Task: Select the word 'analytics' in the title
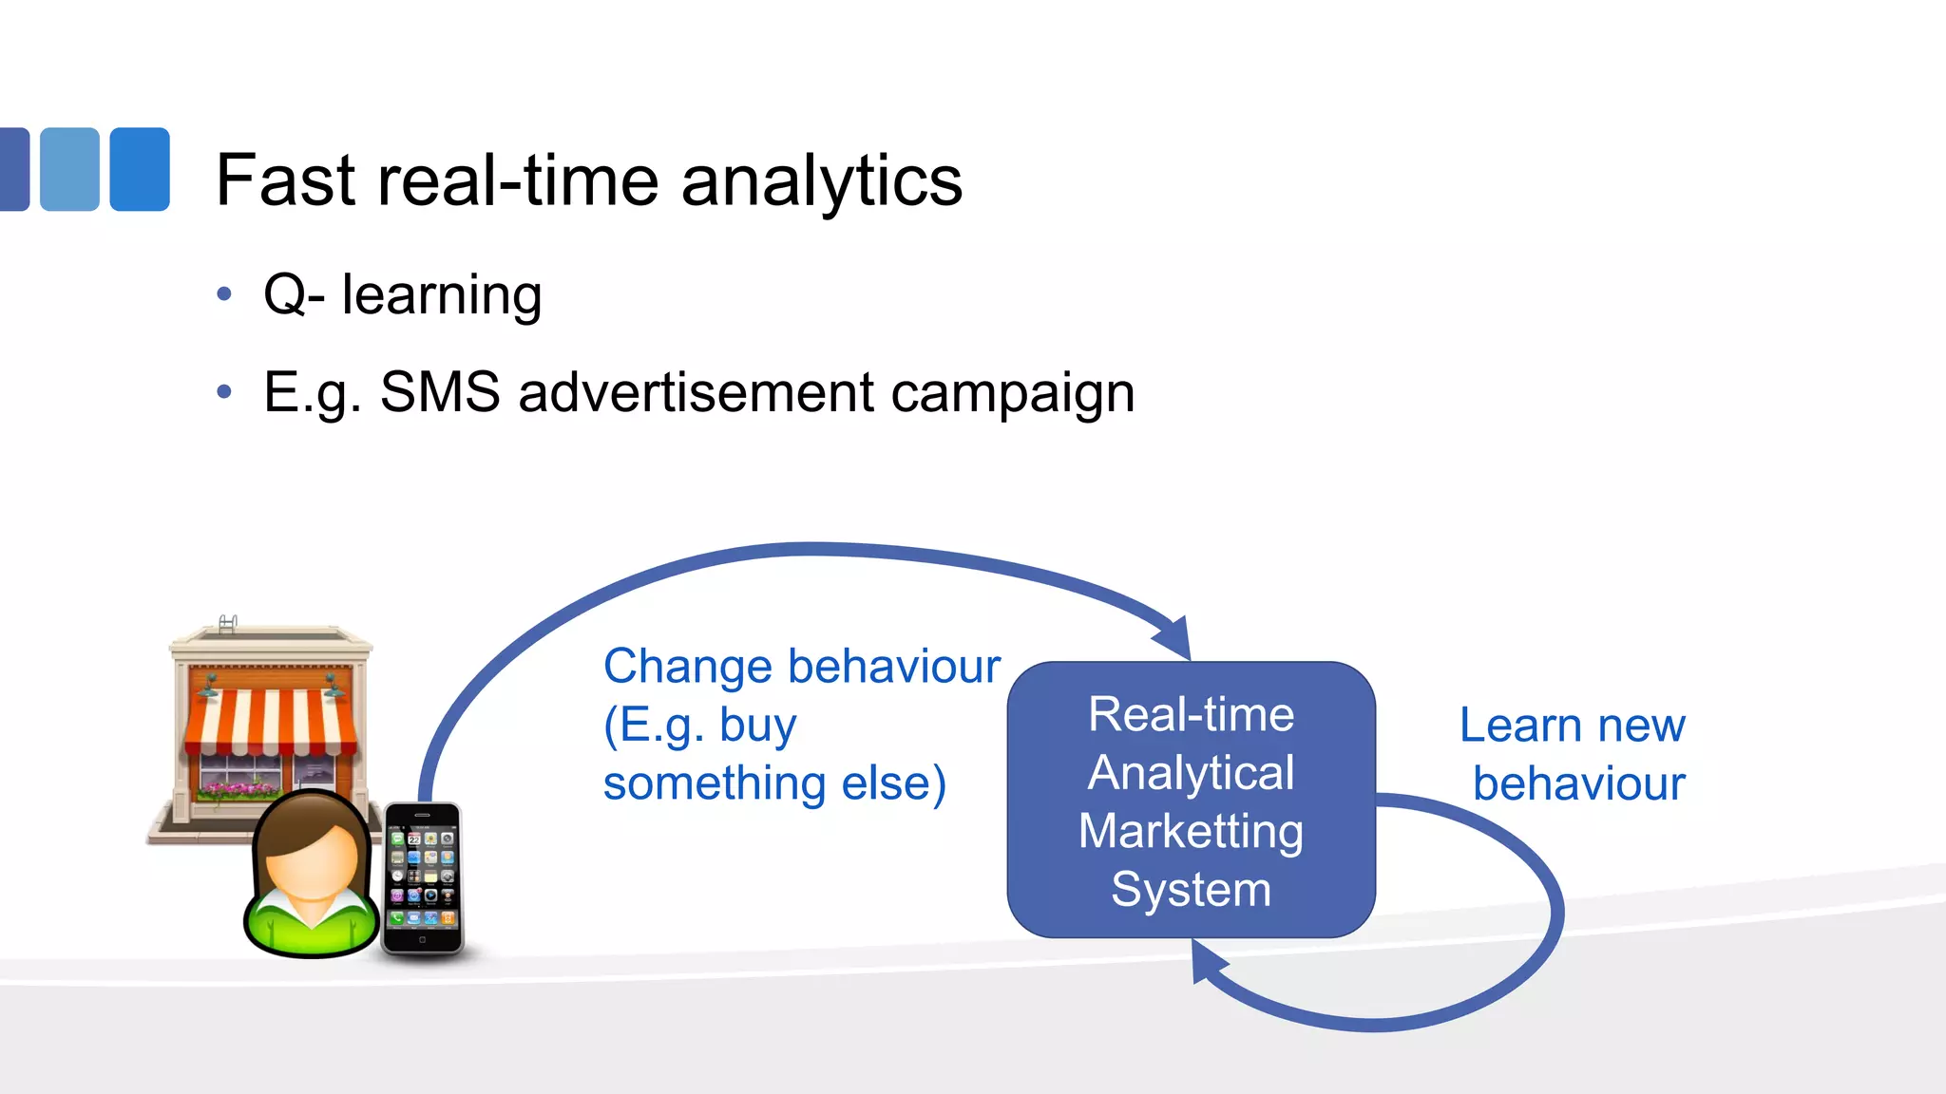tap(821, 182)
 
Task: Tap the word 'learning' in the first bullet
tap(442, 296)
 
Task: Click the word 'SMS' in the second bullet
tap(440, 392)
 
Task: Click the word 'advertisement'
tap(696, 392)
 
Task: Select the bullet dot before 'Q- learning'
tap(224, 294)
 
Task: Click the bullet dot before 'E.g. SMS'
tap(224, 391)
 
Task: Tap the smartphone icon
tap(423, 877)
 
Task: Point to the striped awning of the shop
tap(271, 722)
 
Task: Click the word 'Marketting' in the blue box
tap(1191, 832)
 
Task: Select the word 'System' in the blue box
tap(1191, 890)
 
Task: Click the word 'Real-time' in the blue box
tap(1191, 714)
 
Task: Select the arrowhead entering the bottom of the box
tap(1207, 964)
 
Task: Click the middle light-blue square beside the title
tap(69, 169)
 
